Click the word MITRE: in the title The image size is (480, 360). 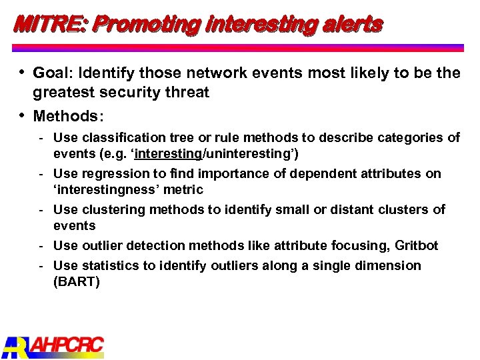[x=51, y=25]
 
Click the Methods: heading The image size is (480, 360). [x=69, y=116]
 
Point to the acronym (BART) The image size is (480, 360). [x=77, y=282]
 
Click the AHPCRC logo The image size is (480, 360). [x=53, y=345]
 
